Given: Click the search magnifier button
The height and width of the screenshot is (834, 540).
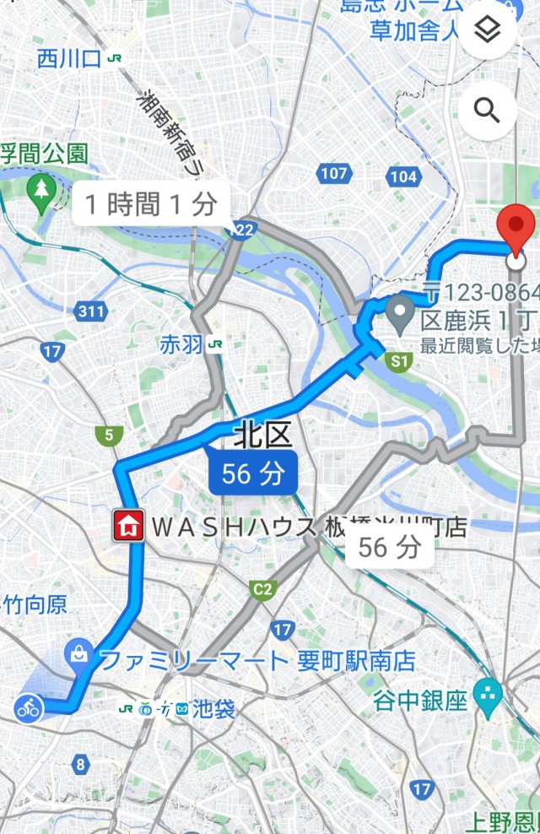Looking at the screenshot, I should [487, 110].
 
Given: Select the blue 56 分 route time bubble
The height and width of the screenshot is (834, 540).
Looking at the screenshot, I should [253, 473].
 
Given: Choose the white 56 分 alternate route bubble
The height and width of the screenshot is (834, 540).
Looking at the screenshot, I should [390, 547].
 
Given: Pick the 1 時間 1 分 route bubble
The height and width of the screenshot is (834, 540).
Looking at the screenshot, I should [151, 203].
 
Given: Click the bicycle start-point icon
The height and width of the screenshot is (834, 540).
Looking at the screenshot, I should [29, 707].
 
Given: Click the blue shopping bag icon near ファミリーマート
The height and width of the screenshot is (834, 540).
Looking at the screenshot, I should [78, 653].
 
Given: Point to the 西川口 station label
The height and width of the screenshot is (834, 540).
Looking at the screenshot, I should [69, 58].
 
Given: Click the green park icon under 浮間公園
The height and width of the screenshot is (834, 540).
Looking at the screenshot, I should [40, 188].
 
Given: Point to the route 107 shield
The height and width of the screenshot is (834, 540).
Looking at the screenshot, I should [333, 175].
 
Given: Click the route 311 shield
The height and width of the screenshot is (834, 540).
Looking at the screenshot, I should [90, 311].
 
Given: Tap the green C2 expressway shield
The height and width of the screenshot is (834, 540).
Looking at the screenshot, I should [263, 588].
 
